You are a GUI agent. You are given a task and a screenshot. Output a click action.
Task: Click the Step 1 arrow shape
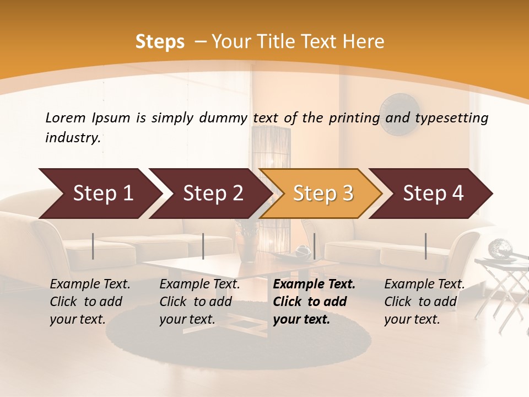pos(99,194)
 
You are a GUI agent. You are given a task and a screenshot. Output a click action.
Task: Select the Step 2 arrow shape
pos(209,194)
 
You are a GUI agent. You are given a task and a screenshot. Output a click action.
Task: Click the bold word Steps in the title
pos(160,42)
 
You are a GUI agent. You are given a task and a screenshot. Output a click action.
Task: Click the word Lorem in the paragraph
pos(65,117)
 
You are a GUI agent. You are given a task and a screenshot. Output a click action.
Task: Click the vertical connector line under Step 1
pos(93,246)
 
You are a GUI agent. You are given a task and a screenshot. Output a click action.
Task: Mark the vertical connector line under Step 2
pos(203,246)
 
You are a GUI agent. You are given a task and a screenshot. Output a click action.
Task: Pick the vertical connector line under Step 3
pos(314,246)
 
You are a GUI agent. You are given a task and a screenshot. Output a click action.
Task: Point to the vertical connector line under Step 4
pos(425,246)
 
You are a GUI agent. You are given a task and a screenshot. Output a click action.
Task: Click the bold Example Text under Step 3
pos(314,285)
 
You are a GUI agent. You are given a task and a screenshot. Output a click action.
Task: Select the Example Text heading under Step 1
pos(90,285)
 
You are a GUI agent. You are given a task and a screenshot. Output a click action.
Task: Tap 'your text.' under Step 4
pos(412,319)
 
